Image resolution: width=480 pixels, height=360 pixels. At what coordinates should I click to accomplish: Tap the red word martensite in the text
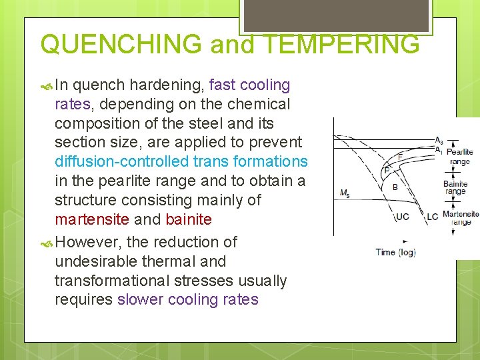point(91,219)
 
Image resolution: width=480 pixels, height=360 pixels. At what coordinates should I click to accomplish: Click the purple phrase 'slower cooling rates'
point(187,299)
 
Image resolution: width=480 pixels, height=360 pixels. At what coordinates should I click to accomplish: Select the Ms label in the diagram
point(345,194)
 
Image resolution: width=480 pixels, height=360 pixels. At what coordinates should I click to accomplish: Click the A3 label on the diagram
point(438,141)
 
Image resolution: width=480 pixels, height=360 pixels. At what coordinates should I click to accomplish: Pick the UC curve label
point(403,217)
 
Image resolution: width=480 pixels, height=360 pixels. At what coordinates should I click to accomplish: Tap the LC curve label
point(432,217)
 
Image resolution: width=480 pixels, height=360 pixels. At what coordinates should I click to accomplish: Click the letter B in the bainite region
point(395,187)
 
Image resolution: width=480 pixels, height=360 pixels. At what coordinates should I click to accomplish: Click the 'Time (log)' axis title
point(396,252)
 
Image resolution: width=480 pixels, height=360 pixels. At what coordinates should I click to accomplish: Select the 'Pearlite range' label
point(460,157)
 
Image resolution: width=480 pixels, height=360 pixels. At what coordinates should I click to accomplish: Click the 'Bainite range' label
point(455,187)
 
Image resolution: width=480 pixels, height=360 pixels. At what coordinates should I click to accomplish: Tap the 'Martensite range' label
point(461,217)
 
